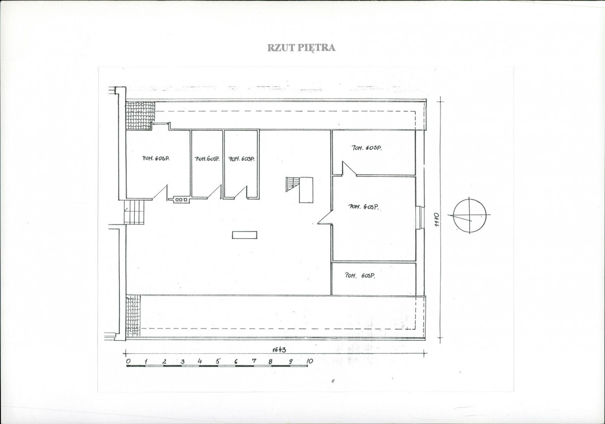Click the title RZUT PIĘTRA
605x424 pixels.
pyautogui.click(x=301, y=48)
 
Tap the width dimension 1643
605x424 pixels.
pyautogui.click(x=279, y=349)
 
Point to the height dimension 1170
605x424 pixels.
pyautogui.click(x=437, y=220)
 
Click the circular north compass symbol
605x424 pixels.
pyautogui.click(x=470, y=215)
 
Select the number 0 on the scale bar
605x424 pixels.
pyautogui.click(x=128, y=361)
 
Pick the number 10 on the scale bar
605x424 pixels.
pyautogui.click(x=309, y=361)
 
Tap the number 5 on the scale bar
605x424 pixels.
pyautogui.click(x=217, y=361)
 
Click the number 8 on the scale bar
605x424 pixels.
pyautogui.click(x=270, y=361)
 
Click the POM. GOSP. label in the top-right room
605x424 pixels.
pyautogui.click(x=366, y=148)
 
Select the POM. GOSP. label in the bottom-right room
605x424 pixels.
pyautogui.click(x=360, y=276)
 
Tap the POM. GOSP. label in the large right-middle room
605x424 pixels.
pyautogui.click(x=363, y=206)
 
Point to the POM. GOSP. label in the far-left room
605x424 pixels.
pyautogui.click(x=156, y=158)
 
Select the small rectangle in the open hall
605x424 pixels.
pyautogui.click(x=245, y=235)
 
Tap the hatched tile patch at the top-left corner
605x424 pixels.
pyautogui.click(x=140, y=116)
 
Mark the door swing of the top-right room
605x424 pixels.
pyautogui.click(x=348, y=169)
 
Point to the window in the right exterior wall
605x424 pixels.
pyautogui.click(x=420, y=219)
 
